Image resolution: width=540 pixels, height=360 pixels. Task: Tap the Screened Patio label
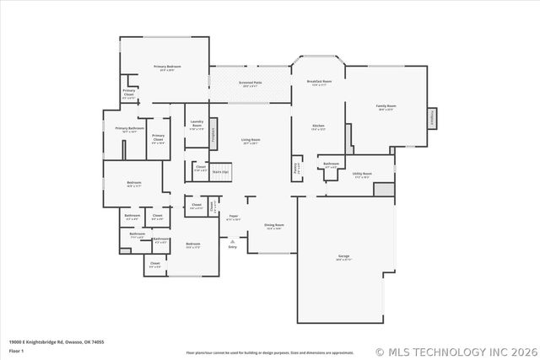point(251,83)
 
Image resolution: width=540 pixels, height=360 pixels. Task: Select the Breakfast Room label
point(319,82)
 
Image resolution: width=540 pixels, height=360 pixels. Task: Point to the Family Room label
point(386,106)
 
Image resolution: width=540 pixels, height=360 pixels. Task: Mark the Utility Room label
point(363,175)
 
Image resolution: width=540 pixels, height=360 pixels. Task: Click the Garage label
point(344,256)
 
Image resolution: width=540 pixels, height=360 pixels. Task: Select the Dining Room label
point(274,226)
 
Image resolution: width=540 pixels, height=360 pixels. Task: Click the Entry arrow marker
point(232,243)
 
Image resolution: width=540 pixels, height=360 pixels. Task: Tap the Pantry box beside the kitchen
point(296,167)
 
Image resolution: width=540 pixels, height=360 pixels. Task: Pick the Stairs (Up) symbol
point(220,170)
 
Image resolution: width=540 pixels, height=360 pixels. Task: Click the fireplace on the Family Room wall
point(432,119)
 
